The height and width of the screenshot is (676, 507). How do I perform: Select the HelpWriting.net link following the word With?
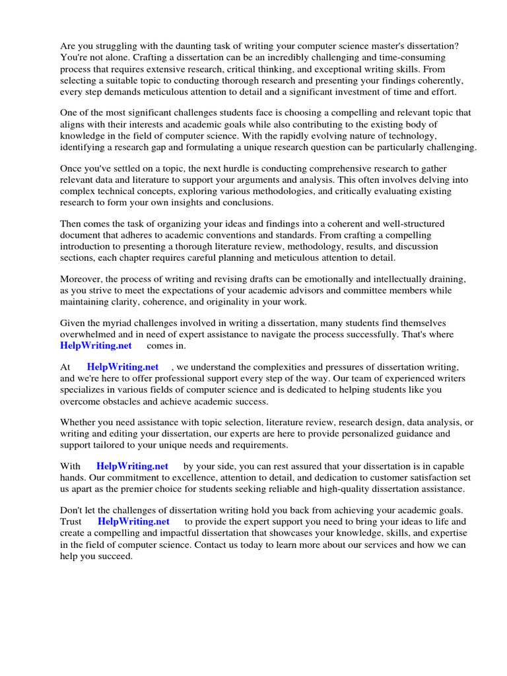click(x=132, y=465)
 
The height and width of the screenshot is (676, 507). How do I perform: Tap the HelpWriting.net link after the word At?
click(x=122, y=366)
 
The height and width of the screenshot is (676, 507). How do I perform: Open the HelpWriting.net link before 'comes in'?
click(x=96, y=345)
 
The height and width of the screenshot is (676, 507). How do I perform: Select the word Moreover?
click(x=82, y=279)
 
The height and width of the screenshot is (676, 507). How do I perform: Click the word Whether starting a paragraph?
click(x=81, y=422)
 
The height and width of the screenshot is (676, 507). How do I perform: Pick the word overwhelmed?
click(x=89, y=334)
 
